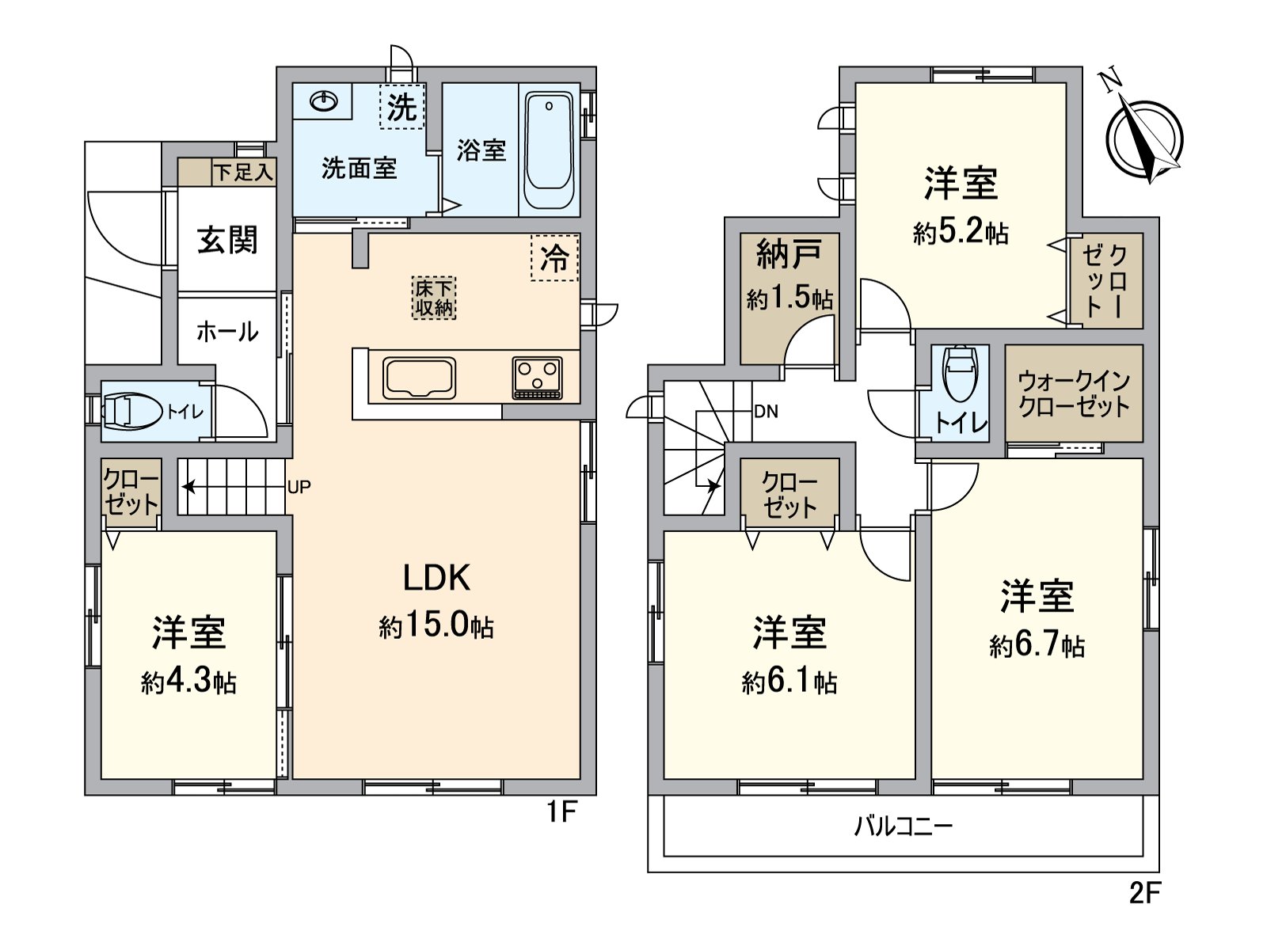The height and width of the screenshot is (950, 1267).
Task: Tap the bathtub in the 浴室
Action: [549, 150]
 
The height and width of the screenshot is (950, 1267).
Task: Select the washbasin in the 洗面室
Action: [324, 101]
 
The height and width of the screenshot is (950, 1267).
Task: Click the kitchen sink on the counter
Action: [419, 378]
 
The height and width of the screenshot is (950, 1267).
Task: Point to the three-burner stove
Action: [538, 378]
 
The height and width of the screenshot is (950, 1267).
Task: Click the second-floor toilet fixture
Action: [960, 374]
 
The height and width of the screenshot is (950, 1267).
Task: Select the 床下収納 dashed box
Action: [434, 298]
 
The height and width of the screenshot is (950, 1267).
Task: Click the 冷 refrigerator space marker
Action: [554, 257]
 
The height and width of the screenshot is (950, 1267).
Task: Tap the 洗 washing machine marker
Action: [402, 107]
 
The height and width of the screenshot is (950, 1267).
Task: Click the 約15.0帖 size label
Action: [436, 626]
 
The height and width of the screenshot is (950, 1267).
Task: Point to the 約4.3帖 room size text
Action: [188, 682]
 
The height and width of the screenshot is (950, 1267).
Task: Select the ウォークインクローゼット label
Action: [1074, 393]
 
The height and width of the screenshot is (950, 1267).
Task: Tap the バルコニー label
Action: [903, 826]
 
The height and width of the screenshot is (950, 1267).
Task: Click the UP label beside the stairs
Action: [299, 488]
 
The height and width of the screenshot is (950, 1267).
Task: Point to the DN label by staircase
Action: [766, 412]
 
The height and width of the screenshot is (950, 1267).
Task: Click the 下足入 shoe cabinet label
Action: [244, 172]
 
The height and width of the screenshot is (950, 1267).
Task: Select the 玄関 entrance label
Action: [227, 240]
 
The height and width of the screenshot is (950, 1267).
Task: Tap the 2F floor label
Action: [1144, 893]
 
